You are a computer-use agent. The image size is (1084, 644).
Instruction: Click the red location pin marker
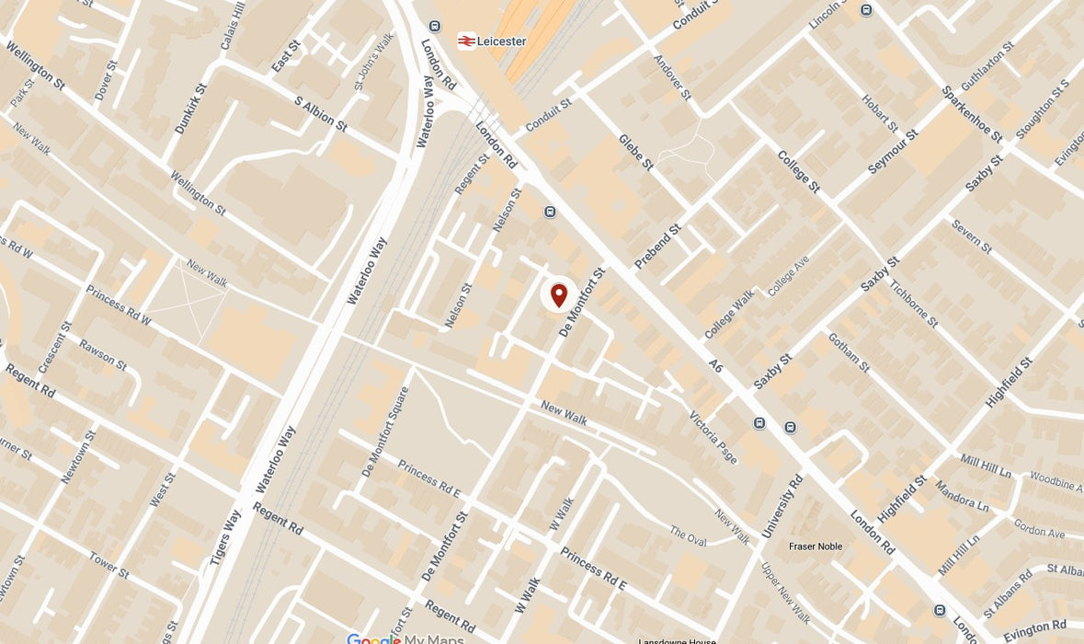(558, 295)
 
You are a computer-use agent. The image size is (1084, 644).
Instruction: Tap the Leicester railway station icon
(467, 41)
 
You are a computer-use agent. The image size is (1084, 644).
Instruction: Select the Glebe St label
(635, 153)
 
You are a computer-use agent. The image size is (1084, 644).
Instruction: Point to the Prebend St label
(658, 247)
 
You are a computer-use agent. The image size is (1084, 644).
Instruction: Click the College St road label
(798, 171)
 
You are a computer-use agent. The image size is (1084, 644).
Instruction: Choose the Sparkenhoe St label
(971, 114)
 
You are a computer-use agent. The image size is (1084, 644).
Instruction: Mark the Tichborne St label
(914, 303)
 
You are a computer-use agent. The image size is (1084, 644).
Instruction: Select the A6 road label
(717, 367)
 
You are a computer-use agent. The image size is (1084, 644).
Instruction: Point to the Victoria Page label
(713, 436)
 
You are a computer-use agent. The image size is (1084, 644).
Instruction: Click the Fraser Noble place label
(816, 546)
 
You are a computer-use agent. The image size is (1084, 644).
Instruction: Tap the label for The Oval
(688, 535)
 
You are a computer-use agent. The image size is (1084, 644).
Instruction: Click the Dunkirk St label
(191, 109)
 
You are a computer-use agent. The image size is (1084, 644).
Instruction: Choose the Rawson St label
(102, 354)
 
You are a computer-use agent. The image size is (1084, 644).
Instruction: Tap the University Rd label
(783, 507)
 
